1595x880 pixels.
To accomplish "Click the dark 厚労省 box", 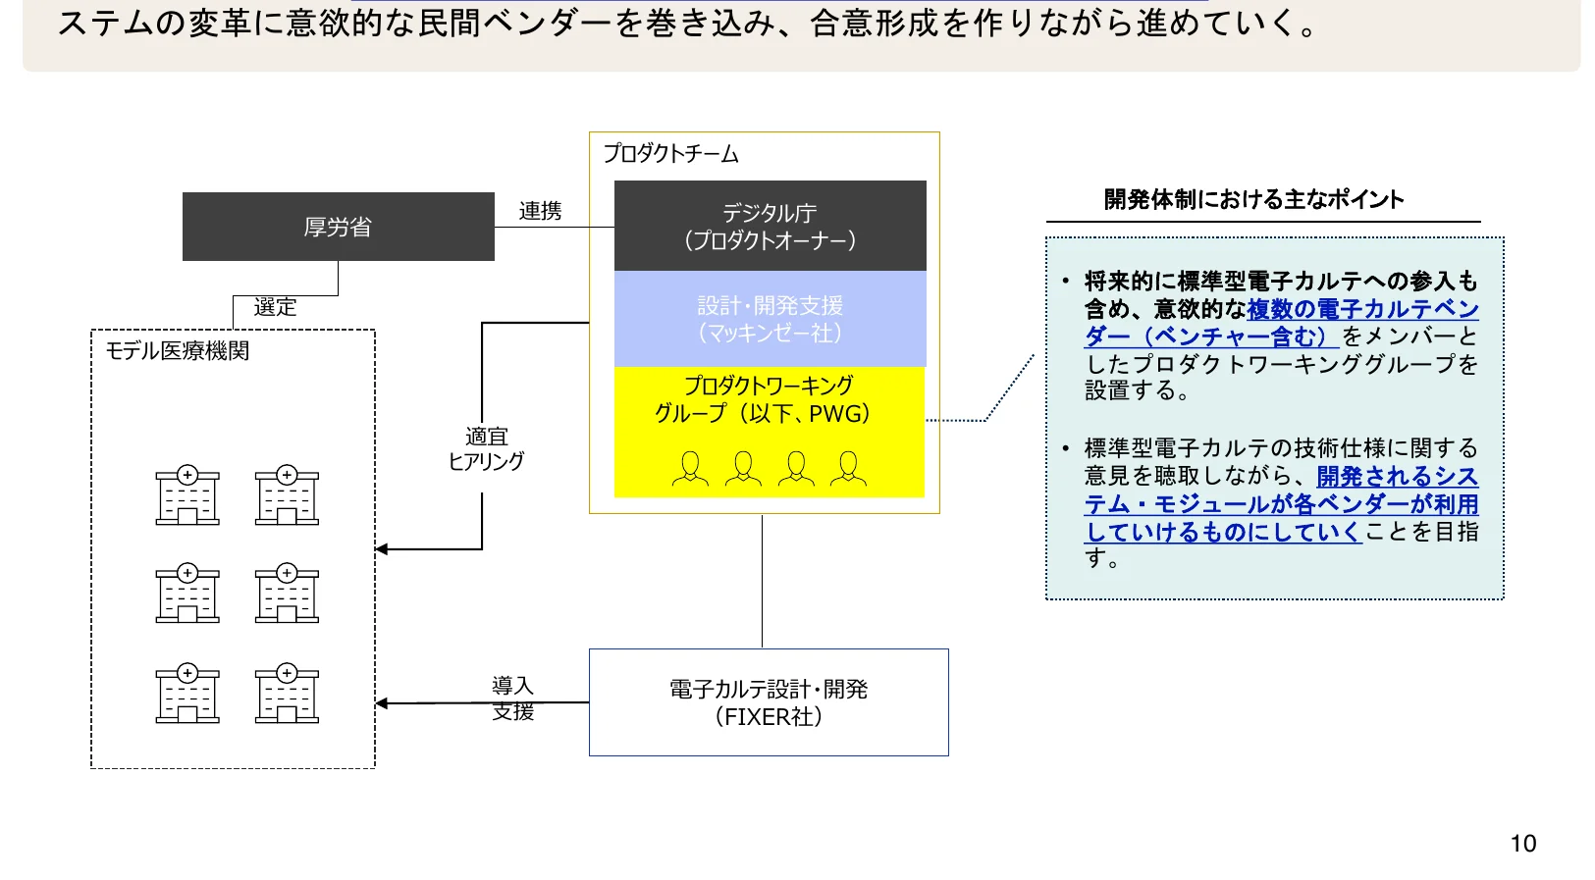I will tap(338, 227).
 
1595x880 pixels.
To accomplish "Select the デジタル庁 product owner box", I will tap(770, 226).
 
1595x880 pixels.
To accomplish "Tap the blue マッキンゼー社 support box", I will tap(770, 319).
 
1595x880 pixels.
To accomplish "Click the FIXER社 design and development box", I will tap(769, 702).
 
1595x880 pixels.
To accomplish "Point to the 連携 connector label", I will tap(540, 211).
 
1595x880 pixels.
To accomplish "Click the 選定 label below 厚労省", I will tap(275, 307).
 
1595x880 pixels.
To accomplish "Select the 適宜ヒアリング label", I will tap(486, 448).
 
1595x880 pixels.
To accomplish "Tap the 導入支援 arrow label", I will tap(512, 699).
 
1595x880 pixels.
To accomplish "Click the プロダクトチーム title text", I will tap(670, 154).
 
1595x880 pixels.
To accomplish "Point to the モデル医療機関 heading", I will tap(178, 351).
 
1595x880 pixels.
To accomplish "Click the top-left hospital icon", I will tap(187, 495).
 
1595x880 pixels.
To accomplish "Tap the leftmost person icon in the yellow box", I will tap(690, 468).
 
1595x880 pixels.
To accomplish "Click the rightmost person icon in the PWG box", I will tap(848, 468).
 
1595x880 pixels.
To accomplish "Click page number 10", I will tap(1522, 844).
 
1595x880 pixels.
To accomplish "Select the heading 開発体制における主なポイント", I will tap(1253, 199).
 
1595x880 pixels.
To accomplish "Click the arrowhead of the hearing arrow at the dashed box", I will tap(382, 549).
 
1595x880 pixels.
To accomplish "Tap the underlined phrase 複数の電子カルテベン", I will tap(1362, 309).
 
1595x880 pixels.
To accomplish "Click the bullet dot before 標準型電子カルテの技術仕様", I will tap(1065, 448).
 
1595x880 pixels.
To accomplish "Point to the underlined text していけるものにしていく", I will tap(1222, 532).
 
